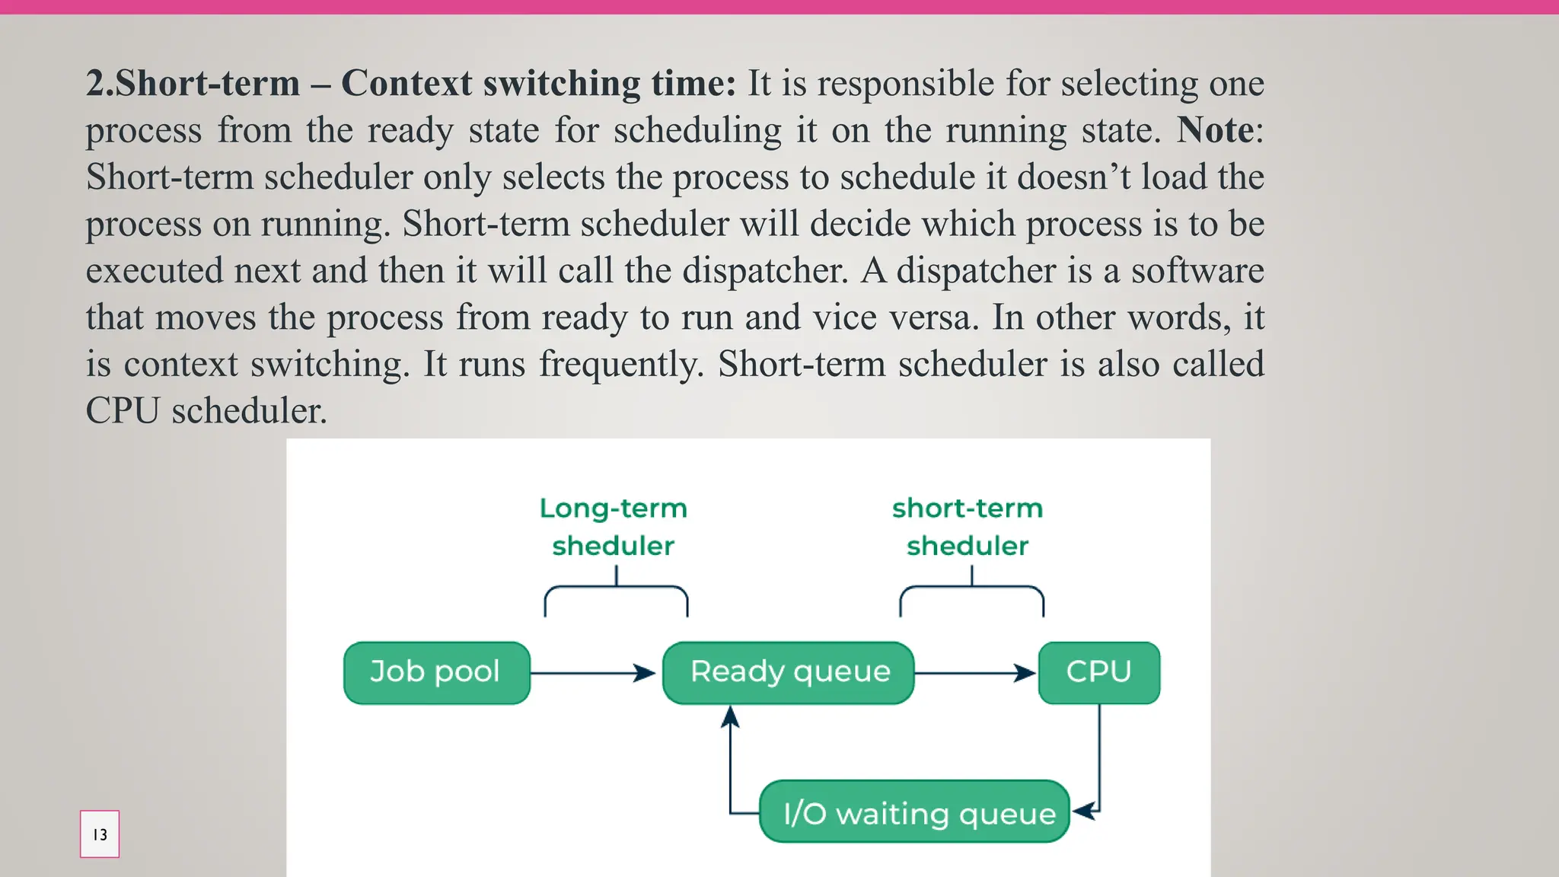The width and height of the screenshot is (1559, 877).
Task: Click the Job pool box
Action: tap(436, 673)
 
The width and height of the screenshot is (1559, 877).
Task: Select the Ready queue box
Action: tap(789, 673)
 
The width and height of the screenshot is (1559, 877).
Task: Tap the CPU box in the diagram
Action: tap(1098, 673)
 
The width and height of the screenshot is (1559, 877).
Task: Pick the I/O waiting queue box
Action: tap(915, 812)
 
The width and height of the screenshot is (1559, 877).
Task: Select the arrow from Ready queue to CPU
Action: tap(974, 673)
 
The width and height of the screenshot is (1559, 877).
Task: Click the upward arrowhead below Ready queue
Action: tap(730, 717)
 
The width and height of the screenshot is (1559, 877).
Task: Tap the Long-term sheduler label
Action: tap(614, 527)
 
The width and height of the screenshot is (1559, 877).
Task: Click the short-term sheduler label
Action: tap(967, 527)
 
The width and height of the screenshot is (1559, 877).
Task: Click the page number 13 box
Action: tap(100, 834)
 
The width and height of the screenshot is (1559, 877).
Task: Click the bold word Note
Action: tap(1215, 130)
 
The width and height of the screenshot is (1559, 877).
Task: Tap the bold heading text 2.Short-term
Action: tap(193, 83)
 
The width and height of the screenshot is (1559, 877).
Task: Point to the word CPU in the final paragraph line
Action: tap(123, 411)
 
